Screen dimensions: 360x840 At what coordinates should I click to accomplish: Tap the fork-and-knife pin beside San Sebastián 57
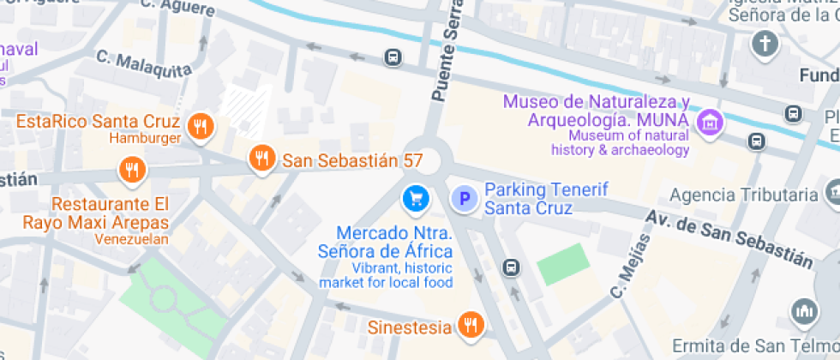pyautogui.click(x=261, y=158)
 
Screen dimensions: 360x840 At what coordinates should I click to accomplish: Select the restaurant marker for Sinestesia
pyautogui.click(x=470, y=325)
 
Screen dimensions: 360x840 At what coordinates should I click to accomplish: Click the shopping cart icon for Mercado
pyautogui.click(x=416, y=198)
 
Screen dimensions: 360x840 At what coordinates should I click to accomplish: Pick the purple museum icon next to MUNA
pyautogui.click(x=709, y=122)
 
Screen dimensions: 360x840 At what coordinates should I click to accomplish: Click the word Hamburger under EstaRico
pyautogui.click(x=144, y=138)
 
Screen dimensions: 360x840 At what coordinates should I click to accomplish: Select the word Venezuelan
pyautogui.click(x=132, y=239)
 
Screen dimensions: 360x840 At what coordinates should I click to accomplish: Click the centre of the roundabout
pyautogui.click(x=428, y=159)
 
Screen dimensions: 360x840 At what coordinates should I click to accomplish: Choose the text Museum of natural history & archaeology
pyautogui.click(x=628, y=142)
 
